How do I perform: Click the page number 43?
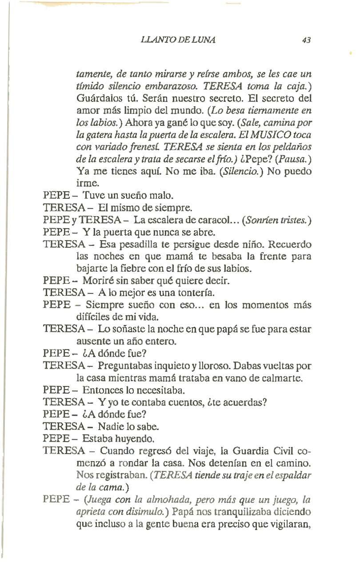pos(305,40)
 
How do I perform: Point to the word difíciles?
pos(93,317)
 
